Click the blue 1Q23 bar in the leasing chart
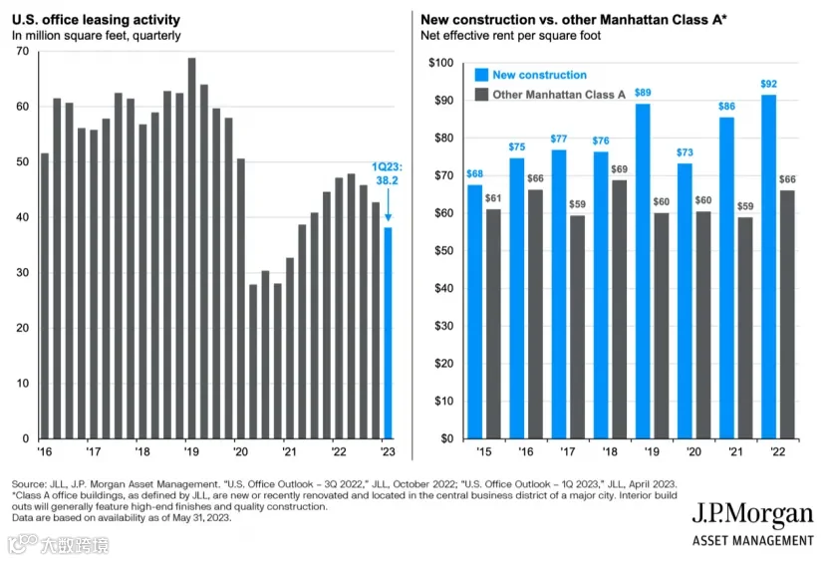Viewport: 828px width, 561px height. pyautogui.click(x=388, y=333)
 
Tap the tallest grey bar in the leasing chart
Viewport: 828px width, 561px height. pyautogui.click(x=191, y=248)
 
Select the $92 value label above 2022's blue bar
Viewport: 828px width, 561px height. pyautogui.click(x=769, y=84)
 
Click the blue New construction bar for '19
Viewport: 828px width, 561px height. pyautogui.click(x=643, y=271)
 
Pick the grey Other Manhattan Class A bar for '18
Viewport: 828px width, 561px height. pyautogui.click(x=620, y=310)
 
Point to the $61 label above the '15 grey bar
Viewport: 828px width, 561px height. pyautogui.click(x=493, y=198)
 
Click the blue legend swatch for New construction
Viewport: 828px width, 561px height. pyautogui.click(x=481, y=75)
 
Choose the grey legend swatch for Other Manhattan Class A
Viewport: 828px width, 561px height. pyautogui.click(x=481, y=95)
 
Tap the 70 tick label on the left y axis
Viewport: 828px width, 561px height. pyautogui.click(x=23, y=51)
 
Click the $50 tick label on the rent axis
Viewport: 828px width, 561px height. pyautogui.click(x=443, y=250)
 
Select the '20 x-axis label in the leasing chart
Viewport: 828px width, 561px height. pyautogui.click(x=240, y=452)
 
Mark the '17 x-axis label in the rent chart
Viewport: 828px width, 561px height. pyautogui.click(x=568, y=452)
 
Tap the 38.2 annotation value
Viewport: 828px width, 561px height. pyautogui.click(x=387, y=180)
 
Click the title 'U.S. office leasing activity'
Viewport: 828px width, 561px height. pyautogui.click(x=96, y=20)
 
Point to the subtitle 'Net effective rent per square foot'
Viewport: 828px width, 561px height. pyautogui.click(x=510, y=36)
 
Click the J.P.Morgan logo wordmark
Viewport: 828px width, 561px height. pyautogui.click(x=753, y=514)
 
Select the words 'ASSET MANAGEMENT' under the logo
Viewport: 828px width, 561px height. pyautogui.click(x=753, y=541)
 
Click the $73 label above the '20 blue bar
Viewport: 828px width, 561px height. pyautogui.click(x=685, y=152)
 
